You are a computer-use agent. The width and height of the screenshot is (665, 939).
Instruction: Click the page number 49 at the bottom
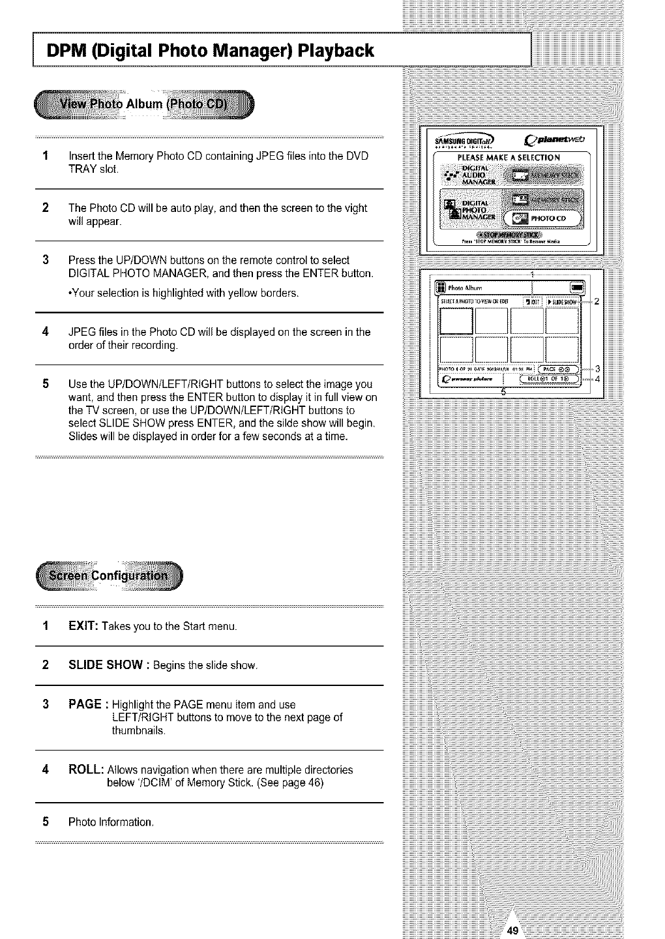coord(512,931)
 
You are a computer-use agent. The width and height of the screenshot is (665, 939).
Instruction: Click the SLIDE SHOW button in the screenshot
coord(562,302)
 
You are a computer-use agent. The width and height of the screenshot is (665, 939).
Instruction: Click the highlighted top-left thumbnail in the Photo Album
coord(456,320)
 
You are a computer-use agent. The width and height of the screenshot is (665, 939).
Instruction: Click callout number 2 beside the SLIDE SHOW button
coord(597,301)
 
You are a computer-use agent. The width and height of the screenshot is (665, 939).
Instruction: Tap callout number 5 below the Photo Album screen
coord(503,392)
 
